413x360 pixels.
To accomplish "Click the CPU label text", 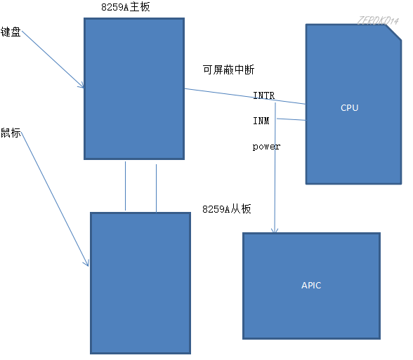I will click(349, 108).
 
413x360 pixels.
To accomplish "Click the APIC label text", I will click(311, 286).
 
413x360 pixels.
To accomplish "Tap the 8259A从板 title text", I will click(226, 209).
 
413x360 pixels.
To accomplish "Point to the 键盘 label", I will click(11, 32).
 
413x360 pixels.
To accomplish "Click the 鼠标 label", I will click(11, 133).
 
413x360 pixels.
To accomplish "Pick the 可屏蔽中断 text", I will click(228, 70).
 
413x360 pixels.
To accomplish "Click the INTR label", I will click(263, 95).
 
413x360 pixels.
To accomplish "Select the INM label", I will click(261, 121).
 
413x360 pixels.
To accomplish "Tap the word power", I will click(266, 147).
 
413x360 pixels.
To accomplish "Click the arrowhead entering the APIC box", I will click(275, 231).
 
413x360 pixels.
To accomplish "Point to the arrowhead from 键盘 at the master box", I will click(82, 86).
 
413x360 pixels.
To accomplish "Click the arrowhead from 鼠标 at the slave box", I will click(87, 263).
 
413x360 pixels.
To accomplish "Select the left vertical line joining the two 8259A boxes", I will click(125, 185).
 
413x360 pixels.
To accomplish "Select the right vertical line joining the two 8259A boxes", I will click(156, 185).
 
